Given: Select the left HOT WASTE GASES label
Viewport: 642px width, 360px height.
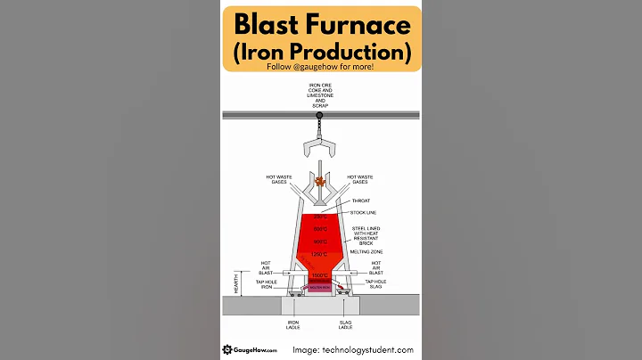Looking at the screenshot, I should click(277, 179).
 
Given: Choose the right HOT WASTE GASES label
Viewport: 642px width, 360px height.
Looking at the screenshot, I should click(361, 179).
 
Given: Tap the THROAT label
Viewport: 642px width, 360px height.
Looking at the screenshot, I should click(361, 201).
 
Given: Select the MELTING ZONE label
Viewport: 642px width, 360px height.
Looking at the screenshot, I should click(366, 252).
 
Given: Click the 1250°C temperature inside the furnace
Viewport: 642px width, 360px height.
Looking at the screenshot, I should click(319, 255).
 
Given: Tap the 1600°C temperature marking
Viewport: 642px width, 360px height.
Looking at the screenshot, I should click(319, 275).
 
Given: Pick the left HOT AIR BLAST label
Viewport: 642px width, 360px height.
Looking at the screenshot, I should click(266, 268).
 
